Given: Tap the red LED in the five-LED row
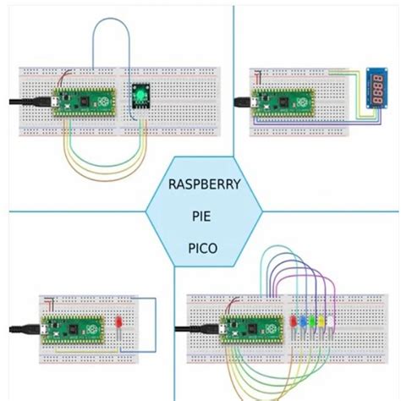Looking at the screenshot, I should (294, 322).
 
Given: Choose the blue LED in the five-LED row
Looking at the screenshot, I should (303, 322).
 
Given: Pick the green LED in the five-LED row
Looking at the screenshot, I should (312, 322).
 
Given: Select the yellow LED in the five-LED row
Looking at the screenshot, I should (321, 322).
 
